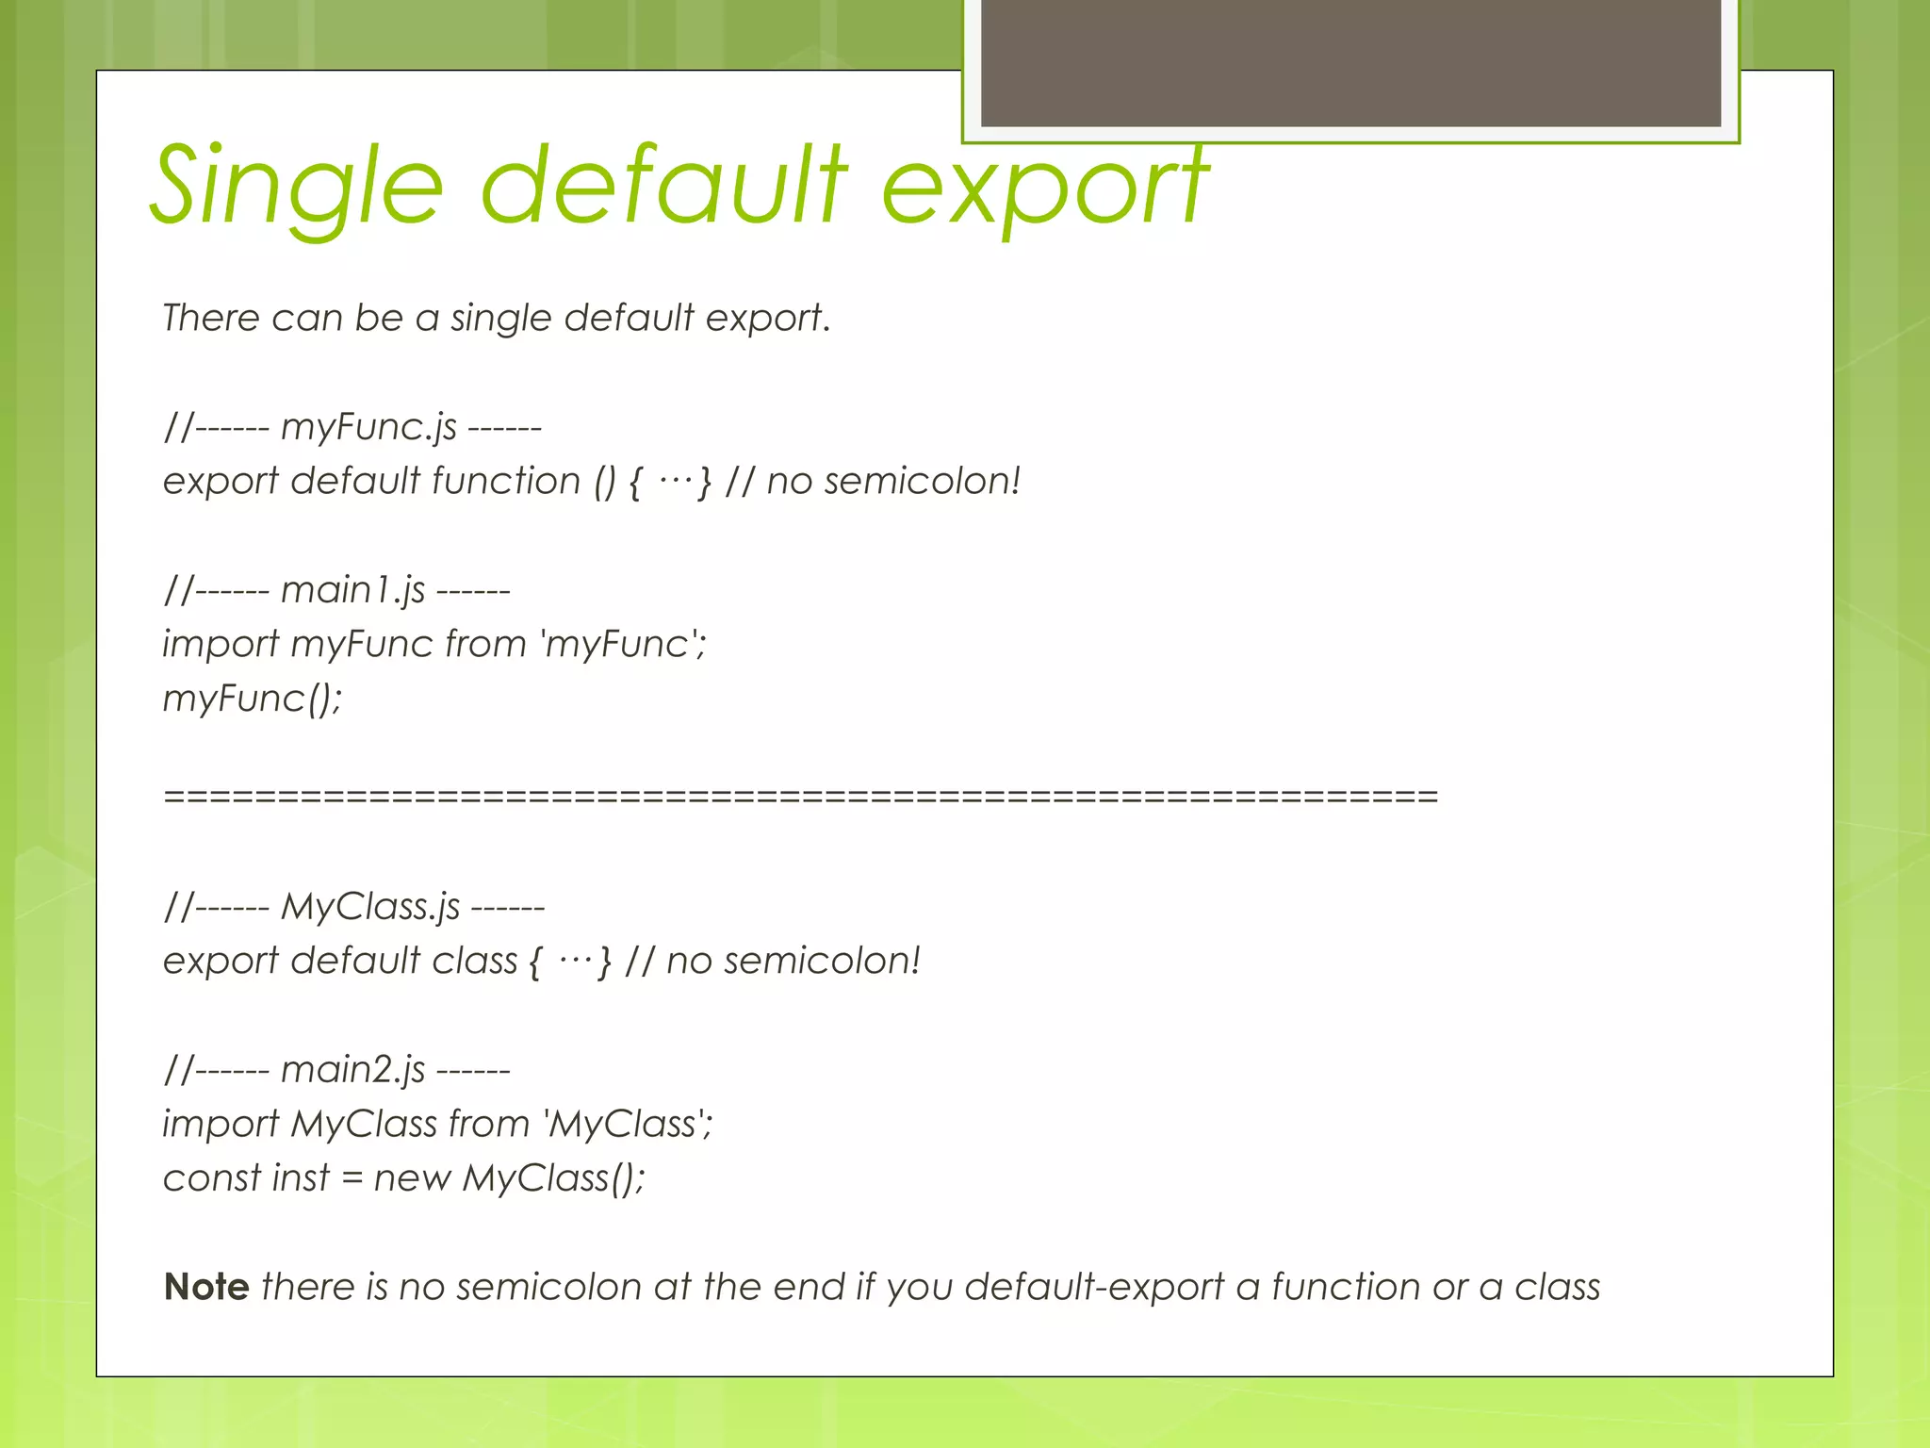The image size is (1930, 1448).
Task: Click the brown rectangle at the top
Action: (x=1350, y=62)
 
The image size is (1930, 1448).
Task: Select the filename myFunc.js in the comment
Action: (x=368, y=428)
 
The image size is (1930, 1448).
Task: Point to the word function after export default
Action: (x=506, y=482)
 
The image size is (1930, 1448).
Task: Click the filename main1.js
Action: (x=352, y=591)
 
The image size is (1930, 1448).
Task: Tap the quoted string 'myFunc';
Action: (x=623, y=645)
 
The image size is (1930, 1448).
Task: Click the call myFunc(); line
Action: (x=253, y=699)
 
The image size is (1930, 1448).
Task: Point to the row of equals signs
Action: (x=800, y=797)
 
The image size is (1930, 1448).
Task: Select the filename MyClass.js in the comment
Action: (x=370, y=908)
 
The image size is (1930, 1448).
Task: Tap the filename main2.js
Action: (x=352, y=1071)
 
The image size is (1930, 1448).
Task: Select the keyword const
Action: (x=211, y=1178)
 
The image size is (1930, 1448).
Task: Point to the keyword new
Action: (x=412, y=1178)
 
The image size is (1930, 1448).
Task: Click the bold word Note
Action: (x=206, y=1288)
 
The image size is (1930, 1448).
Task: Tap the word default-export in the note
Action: (x=1093, y=1288)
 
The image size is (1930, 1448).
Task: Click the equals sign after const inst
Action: (x=352, y=1178)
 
